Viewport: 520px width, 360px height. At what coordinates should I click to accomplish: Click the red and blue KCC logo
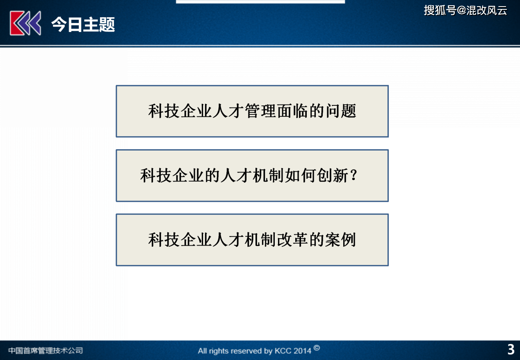tap(25, 23)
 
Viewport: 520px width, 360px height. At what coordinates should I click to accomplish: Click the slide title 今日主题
tap(83, 24)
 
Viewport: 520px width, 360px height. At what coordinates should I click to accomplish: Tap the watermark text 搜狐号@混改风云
tap(465, 10)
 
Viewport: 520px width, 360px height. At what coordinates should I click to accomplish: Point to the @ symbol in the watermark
tap(461, 10)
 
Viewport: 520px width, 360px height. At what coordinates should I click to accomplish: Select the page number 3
tap(511, 349)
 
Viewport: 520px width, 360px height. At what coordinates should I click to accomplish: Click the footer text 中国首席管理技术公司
tap(46, 351)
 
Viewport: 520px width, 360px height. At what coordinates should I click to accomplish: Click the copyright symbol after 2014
tap(317, 348)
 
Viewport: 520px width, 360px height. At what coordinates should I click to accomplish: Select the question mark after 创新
tap(354, 175)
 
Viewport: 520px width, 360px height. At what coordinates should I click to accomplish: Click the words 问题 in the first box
tap(341, 111)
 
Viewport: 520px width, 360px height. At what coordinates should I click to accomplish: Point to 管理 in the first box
tap(260, 111)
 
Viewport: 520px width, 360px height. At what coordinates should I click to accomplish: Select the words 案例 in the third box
tap(341, 239)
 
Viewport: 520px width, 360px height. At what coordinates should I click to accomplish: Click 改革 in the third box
tap(292, 239)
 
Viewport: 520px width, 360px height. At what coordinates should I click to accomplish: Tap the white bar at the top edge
tap(260, 2)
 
